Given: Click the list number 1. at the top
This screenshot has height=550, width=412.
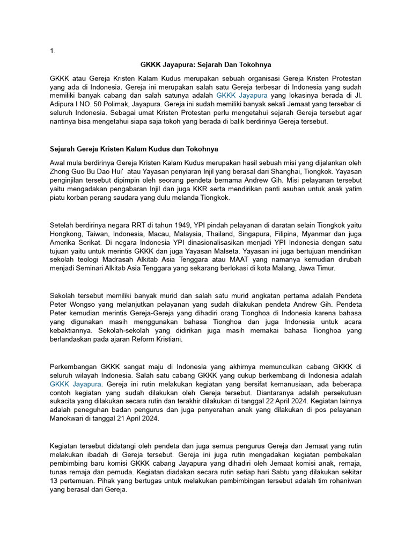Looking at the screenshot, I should [x=52, y=51].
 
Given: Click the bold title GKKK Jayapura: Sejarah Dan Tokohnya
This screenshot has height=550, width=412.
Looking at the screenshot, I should [x=205, y=64].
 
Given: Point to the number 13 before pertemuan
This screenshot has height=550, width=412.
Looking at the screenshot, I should [x=54, y=481].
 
